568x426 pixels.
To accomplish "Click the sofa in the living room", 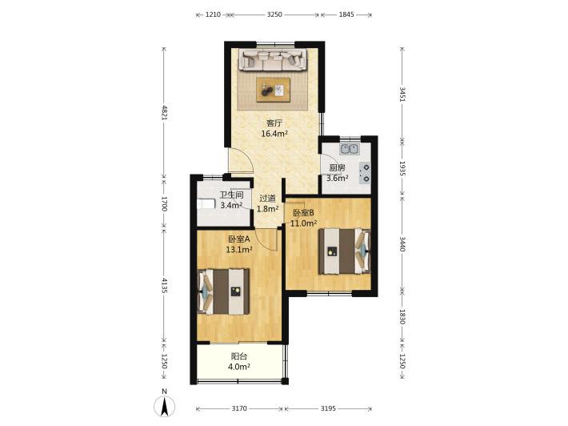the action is tap(273, 60).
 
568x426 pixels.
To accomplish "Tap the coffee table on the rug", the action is tap(273, 90).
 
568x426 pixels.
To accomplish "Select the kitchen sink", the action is tap(350, 149).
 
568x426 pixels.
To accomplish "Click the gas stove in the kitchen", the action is tap(365, 173).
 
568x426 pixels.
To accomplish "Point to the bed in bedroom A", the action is tap(223, 291).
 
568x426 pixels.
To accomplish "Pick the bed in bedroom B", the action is tap(345, 251).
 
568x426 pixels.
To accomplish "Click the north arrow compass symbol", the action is tap(165, 406).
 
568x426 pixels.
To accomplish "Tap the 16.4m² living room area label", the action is tap(274, 134).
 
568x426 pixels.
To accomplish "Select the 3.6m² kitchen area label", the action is tap(338, 178).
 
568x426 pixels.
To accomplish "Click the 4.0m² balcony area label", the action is tap(239, 367).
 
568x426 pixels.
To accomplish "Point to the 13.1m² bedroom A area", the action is tap(239, 250).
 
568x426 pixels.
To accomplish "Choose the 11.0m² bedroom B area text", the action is tap(303, 223).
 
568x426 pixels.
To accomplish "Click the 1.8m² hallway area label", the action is tap(268, 209).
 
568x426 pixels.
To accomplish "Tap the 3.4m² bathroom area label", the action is tap(231, 205).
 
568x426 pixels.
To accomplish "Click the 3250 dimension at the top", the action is tap(274, 14).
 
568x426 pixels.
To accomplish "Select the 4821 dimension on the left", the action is tap(165, 113).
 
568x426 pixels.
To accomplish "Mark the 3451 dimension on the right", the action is tap(402, 94).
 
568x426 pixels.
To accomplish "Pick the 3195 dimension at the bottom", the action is tap(328, 408).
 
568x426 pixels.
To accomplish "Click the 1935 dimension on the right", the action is tap(402, 169).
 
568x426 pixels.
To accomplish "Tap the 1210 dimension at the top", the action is tap(213, 14).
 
